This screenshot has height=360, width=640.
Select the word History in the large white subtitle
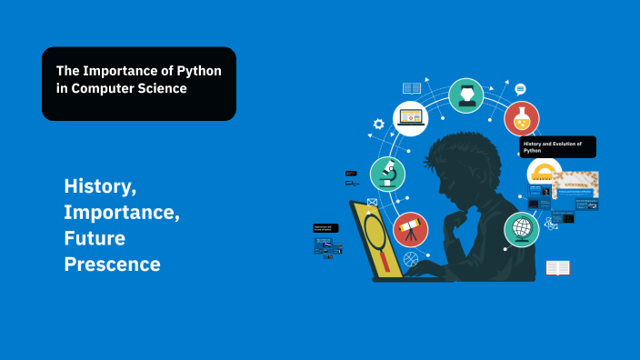pos(100,186)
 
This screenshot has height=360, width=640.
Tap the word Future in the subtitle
pos(95,238)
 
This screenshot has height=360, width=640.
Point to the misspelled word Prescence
pos(112,265)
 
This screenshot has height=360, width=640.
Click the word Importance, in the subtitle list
pos(122,213)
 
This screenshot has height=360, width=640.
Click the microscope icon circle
pos(386,173)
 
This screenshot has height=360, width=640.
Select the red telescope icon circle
pos(410,230)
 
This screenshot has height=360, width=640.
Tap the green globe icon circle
pos(522,229)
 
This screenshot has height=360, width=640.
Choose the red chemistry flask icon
pos(522,118)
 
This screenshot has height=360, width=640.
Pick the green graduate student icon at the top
pos(466,95)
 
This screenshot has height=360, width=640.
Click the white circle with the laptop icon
pos(411,118)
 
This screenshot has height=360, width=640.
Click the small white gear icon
pos(379,124)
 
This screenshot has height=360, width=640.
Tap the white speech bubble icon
pos(520,89)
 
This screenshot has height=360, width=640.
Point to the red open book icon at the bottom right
pos(557,268)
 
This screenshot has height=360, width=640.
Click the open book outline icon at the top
pos(412,88)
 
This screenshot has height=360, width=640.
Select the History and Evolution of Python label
pos(558,146)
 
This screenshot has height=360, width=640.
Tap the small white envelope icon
pos(372,202)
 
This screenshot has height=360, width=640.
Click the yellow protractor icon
pos(544,173)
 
